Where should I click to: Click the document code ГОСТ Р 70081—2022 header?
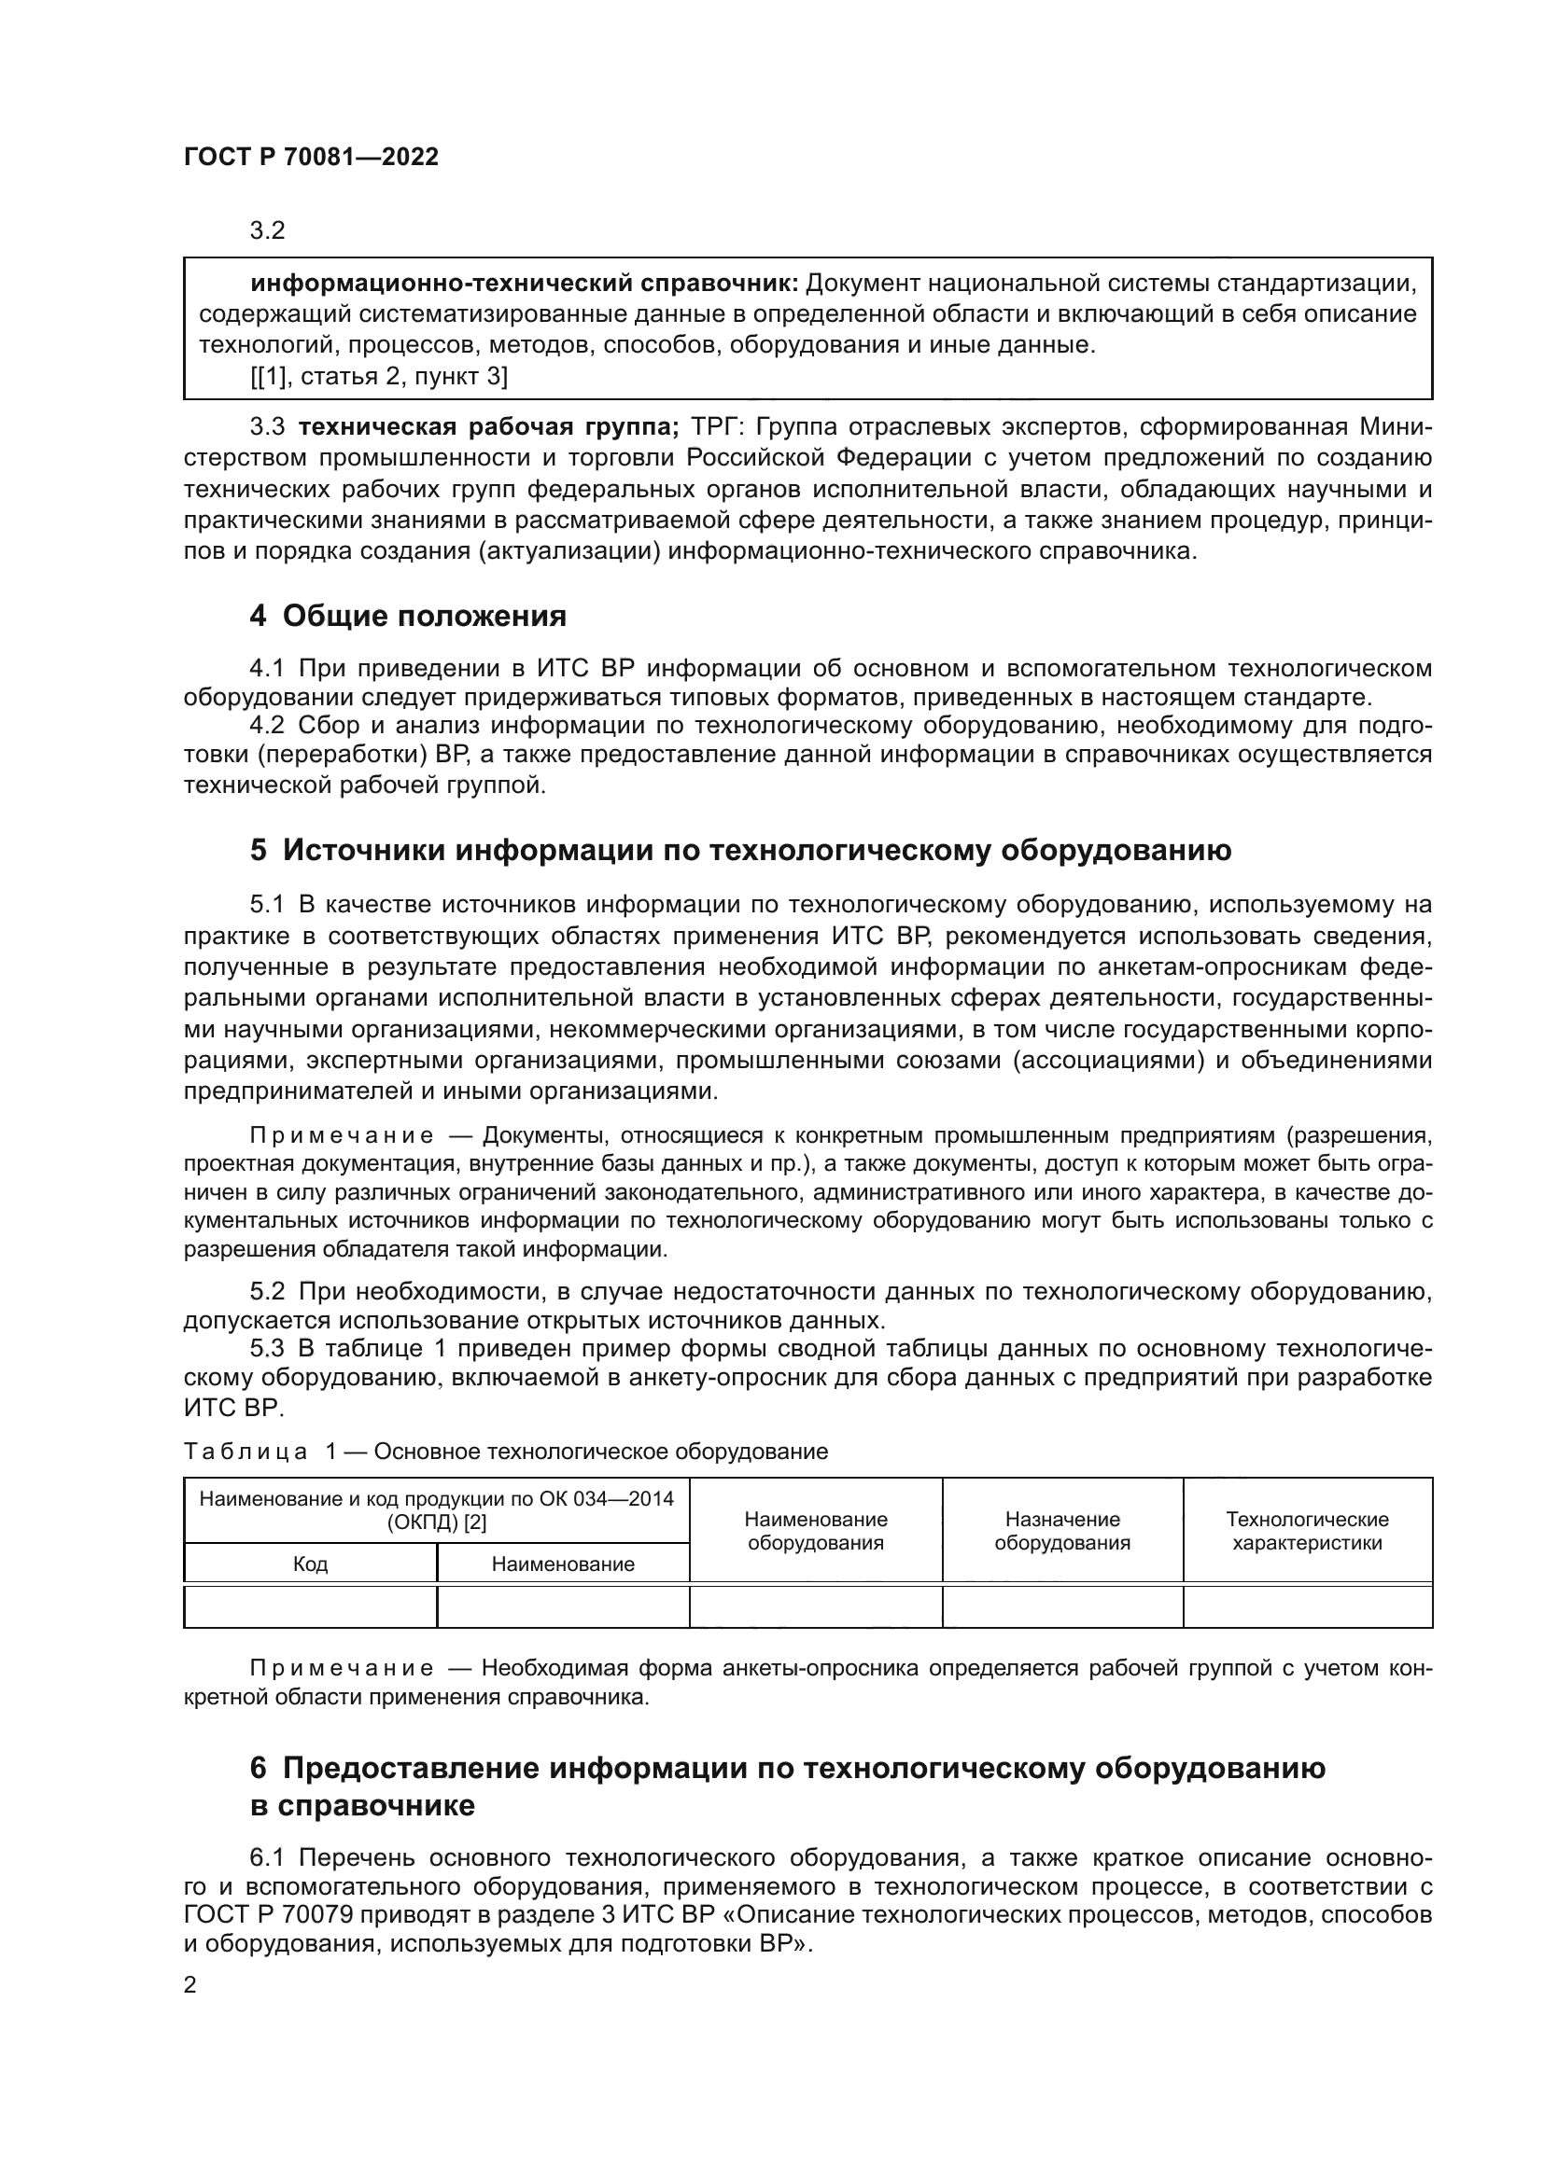pyautogui.click(x=311, y=157)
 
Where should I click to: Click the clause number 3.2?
pyautogui.click(x=267, y=231)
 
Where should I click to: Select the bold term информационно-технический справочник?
pyautogui.click(x=525, y=284)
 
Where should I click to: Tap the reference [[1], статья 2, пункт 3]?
pyautogui.click(x=378, y=376)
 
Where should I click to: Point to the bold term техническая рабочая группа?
pyautogui.click(x=487, y=426)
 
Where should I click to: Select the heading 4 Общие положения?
pyautogui.click(x=408, y=617)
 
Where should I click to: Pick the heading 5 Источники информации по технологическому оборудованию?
pyautogui.click(x=740, y=850)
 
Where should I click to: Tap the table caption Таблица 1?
pyautogui.click(x=246, y=1452)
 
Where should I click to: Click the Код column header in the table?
pyautogui.click(x=310, y=1564)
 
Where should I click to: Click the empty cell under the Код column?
pyautogui.click(x=310, y=1607)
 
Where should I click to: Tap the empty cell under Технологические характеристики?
pyautogui.click(x=1307, y=1607)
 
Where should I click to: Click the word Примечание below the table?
pyautogui.click(x=342, y=1669)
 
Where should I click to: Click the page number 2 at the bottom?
pyautogui.click(x=190, y=1985)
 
